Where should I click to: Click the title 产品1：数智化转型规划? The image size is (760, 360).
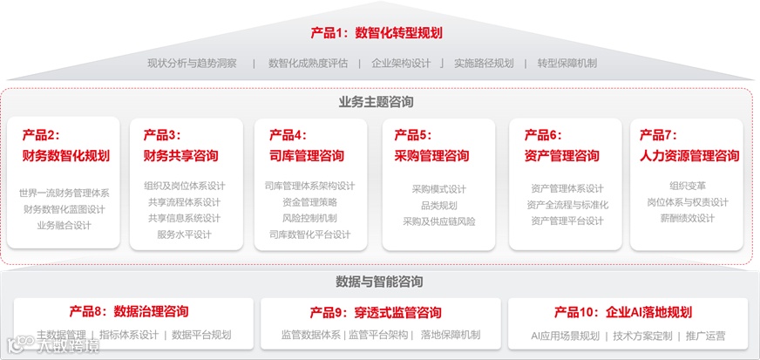tap(377, 33)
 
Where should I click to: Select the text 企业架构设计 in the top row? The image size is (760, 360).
tap(401, 63)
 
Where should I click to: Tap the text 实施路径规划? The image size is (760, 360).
tap(484, 63)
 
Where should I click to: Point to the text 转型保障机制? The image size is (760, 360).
tap(567, 63)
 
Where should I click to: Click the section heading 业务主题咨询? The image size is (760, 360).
tap(376, 102)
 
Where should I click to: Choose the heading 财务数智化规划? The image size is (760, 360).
tap(65, 156)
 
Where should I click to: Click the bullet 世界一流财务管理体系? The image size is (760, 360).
tap(64, 193)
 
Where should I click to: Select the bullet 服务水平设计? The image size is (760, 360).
tap(184, 234)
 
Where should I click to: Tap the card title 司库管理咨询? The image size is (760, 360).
tap(306, 156)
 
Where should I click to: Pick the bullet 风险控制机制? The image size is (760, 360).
tap(309, 218)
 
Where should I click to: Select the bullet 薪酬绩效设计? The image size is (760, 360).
tap(687, 218)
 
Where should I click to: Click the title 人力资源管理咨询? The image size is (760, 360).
tap(689, 156)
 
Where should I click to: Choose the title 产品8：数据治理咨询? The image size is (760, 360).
tap(128, 311)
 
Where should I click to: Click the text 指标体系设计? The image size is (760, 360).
tap(129, 335)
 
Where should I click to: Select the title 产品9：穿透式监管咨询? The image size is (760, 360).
tap(375, 312)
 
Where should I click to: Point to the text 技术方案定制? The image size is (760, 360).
tap(642, 336)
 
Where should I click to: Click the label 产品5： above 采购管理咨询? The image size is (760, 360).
tap(412, 135)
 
